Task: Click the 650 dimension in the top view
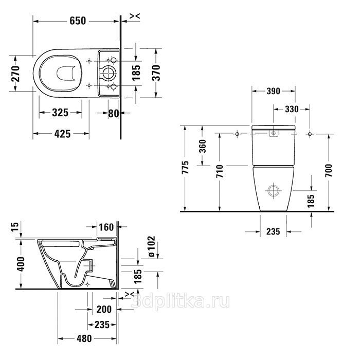click(78, 21)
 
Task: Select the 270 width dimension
click(16, 74)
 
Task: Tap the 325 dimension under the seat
click(60, 113)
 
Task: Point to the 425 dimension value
click(62, 134)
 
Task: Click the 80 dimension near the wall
click(114, 113)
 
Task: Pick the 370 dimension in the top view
click(156, 73)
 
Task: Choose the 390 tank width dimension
click(273, 91)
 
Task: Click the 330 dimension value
click(292, 109)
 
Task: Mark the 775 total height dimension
click(186, 167)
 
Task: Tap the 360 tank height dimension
click(203, 146)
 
